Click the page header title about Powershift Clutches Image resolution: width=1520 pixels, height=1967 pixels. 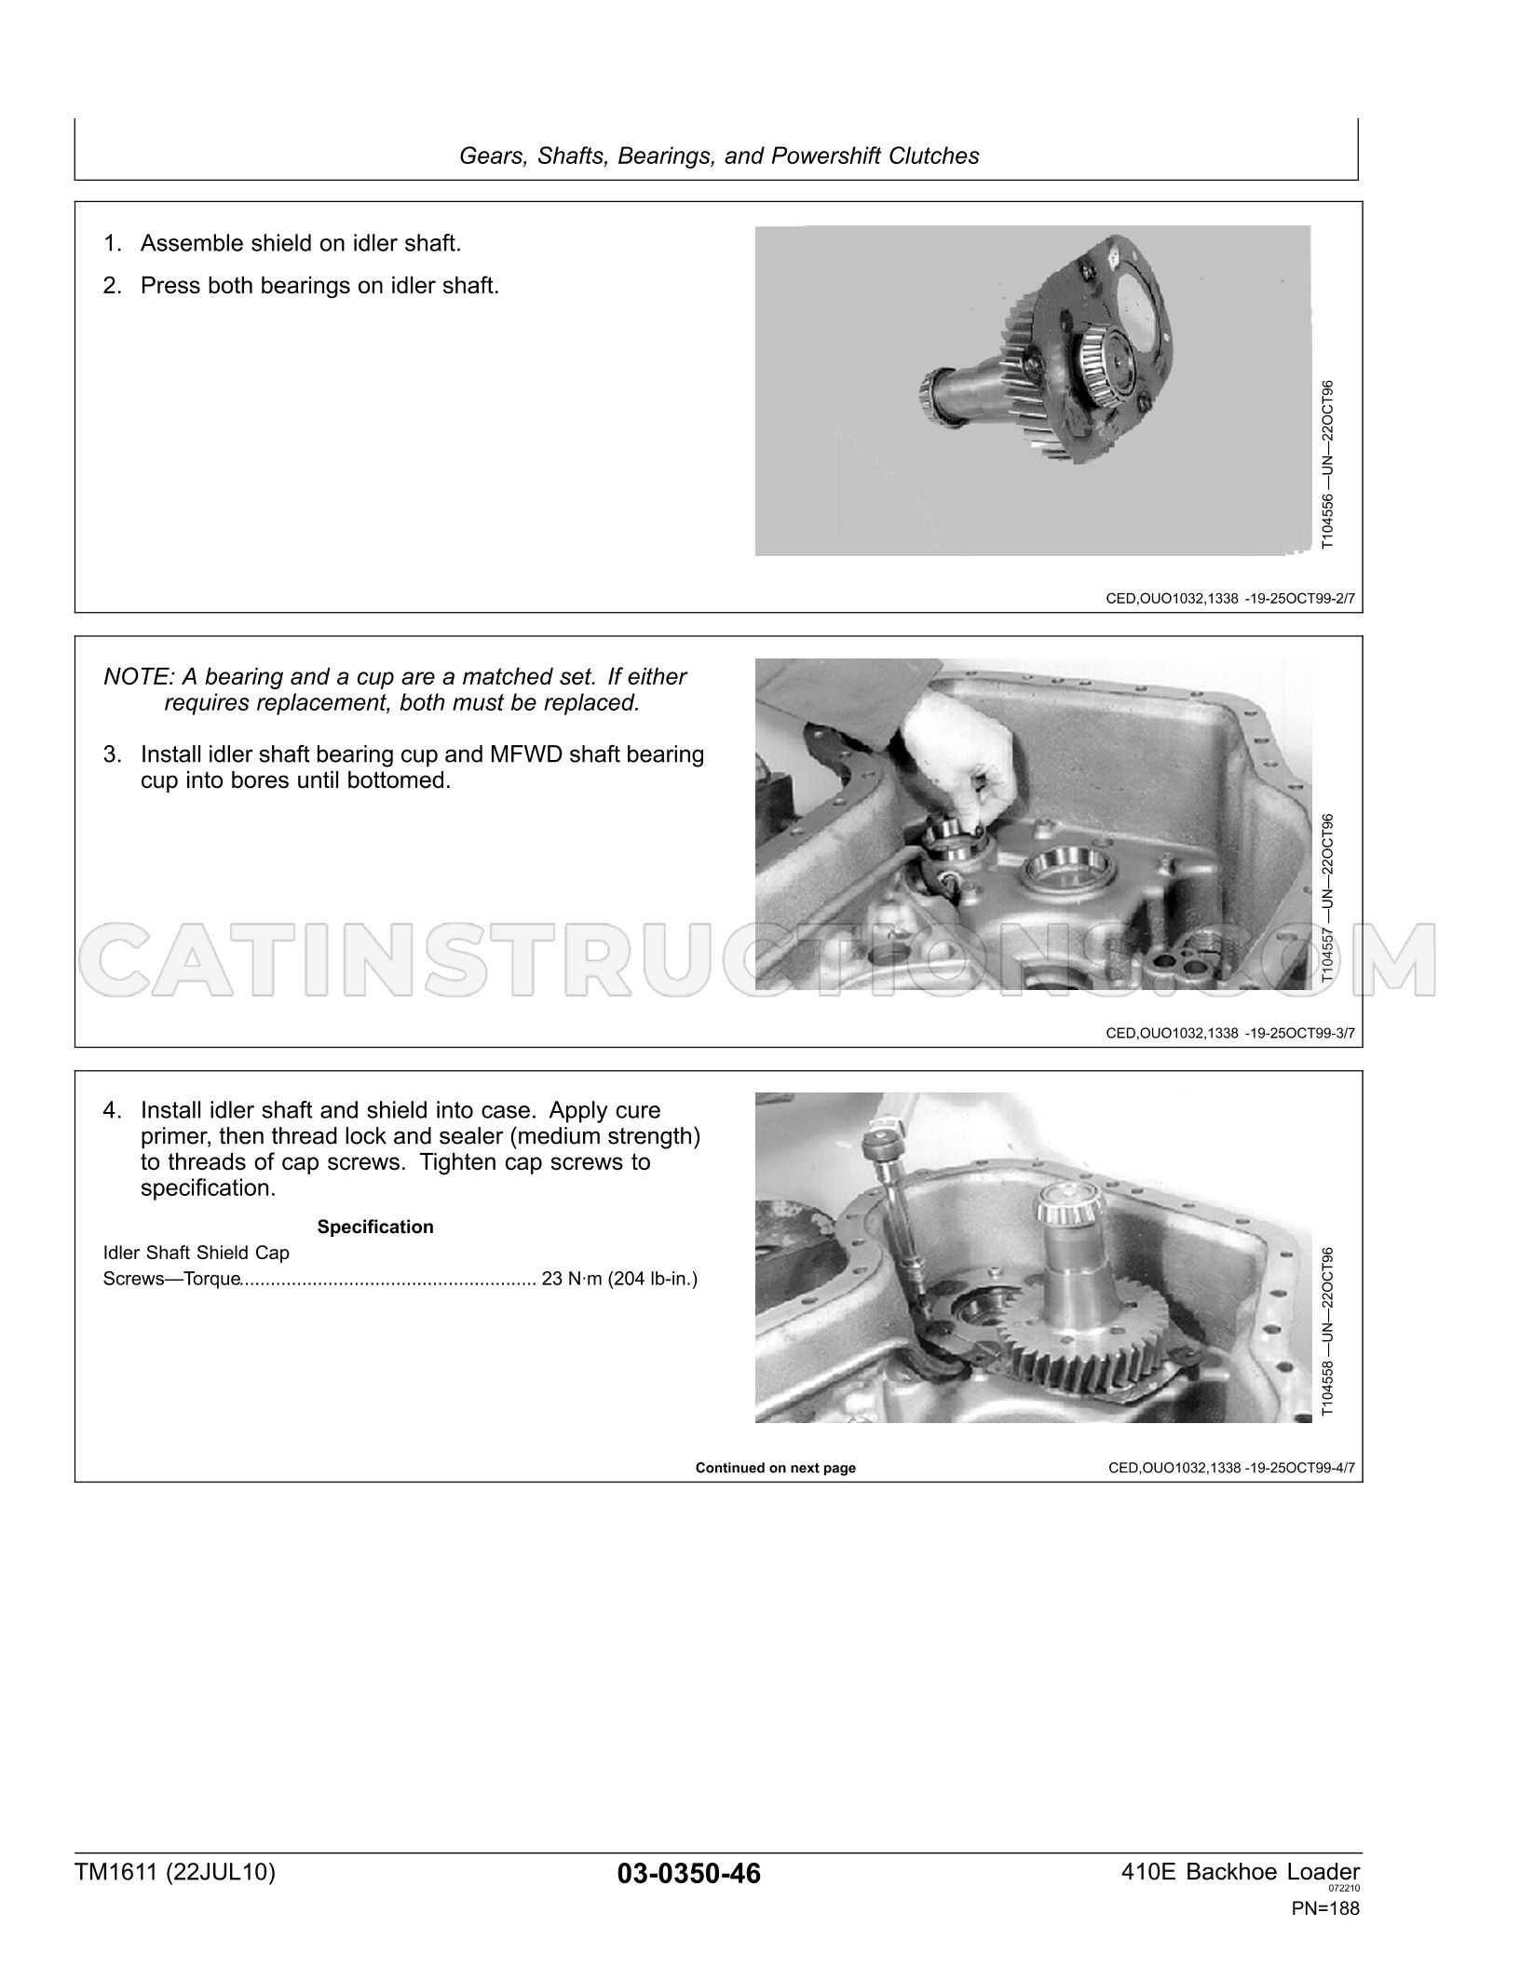(719, 156)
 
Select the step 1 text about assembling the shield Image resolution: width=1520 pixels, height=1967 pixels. (282, 243)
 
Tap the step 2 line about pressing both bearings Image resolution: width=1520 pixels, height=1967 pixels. (301, 285)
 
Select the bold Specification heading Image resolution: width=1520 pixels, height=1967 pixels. (375, 1227)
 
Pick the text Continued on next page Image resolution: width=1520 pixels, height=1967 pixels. (775, 1468)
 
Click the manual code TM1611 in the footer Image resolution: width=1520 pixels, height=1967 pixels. (115, 1872)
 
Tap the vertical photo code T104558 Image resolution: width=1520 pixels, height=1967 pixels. (1328, 1381)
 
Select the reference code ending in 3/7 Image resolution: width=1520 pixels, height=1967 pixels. (1230, 1033)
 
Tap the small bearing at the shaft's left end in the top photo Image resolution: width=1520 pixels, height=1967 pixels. (939, 398)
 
